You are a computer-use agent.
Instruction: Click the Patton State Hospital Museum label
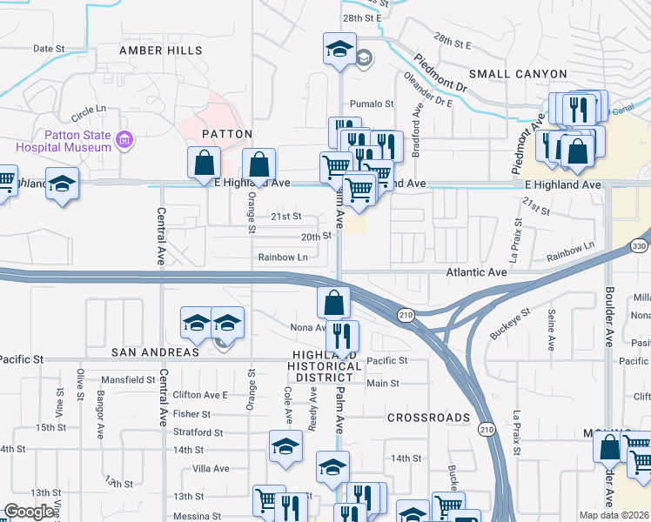pyautogui.click(x=77, y=141)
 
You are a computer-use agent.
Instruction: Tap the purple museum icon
pyautogui.click(x=124, y=139)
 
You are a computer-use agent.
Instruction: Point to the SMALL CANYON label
pyautogui.click(x=518, y=74)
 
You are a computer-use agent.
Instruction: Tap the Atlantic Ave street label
pyautogui.click(x=475, y=272)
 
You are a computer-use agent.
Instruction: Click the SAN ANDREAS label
pyautogui.click(x=155, y=351)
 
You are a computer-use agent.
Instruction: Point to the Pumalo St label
pyautogui.click(x=372, y=104)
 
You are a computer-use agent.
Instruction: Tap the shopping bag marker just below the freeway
pyautogui.click(x=333, y=303)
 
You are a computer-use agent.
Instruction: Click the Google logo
pyautogui.click(x=29, y=512)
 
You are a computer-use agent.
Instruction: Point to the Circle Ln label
pyautogui.click(x=88, y=113)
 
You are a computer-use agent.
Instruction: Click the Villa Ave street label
pyautogui.click(x=210, y=468)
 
